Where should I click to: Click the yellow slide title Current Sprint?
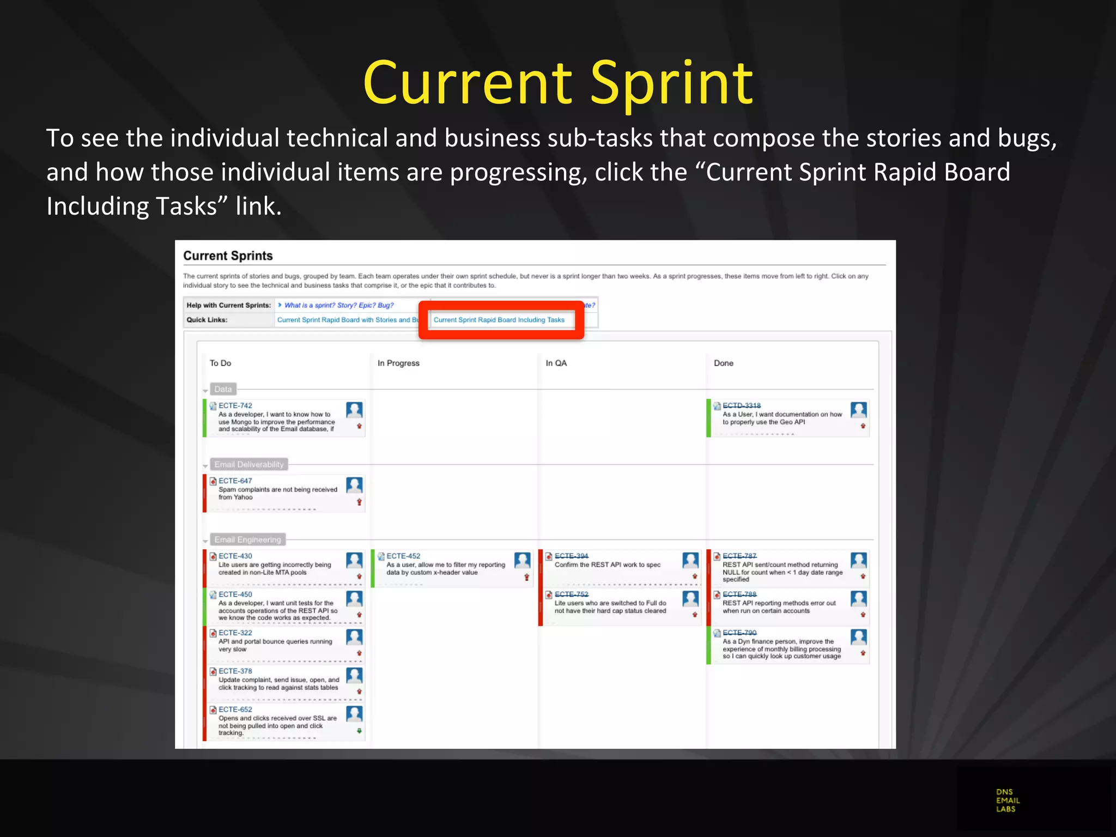(558, 83)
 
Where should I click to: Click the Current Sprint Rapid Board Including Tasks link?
(499, 320)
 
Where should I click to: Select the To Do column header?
(220, 363)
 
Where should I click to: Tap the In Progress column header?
(398, 363)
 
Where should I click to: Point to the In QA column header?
(556, 363)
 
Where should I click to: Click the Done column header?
(723, 363)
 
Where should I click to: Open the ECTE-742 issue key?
(235, 405)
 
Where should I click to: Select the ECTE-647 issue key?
(235, 481)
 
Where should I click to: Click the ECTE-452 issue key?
(403, 556)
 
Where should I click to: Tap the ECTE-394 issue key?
(571, 556)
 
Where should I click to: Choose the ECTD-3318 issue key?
(741, 405)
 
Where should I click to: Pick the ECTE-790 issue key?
(739, 633)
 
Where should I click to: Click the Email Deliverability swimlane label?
(249, 464)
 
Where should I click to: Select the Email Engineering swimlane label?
(247, 539)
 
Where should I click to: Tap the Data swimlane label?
(223, 389)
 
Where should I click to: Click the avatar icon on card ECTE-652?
(354, 714)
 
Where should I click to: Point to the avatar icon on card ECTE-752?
(690, 599)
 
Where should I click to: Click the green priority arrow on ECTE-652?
(359, 731)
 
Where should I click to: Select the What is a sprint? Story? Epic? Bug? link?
(338, 305)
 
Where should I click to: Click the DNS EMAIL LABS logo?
(1008, 800)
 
